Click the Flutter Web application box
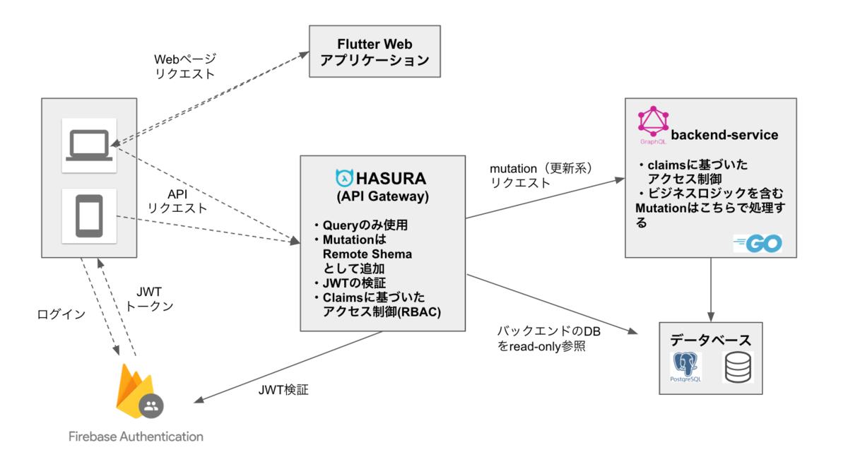[375, 52]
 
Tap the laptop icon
[89, 146]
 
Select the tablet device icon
[89, 216]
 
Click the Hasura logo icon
[344, 178]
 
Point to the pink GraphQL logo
[653, 122]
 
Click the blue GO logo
[758, 243]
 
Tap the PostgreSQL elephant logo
[685, 367]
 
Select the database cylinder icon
[738, 367]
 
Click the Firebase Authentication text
[136, 437]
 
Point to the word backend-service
[724, 135]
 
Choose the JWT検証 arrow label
[283, 390]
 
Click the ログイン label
[61, 314]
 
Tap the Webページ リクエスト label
[185, 66]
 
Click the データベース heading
[711, 340]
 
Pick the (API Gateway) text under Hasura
[383, 196]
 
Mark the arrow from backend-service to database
[711, 290]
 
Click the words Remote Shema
[367, 254]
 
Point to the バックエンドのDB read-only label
[548, 338]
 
